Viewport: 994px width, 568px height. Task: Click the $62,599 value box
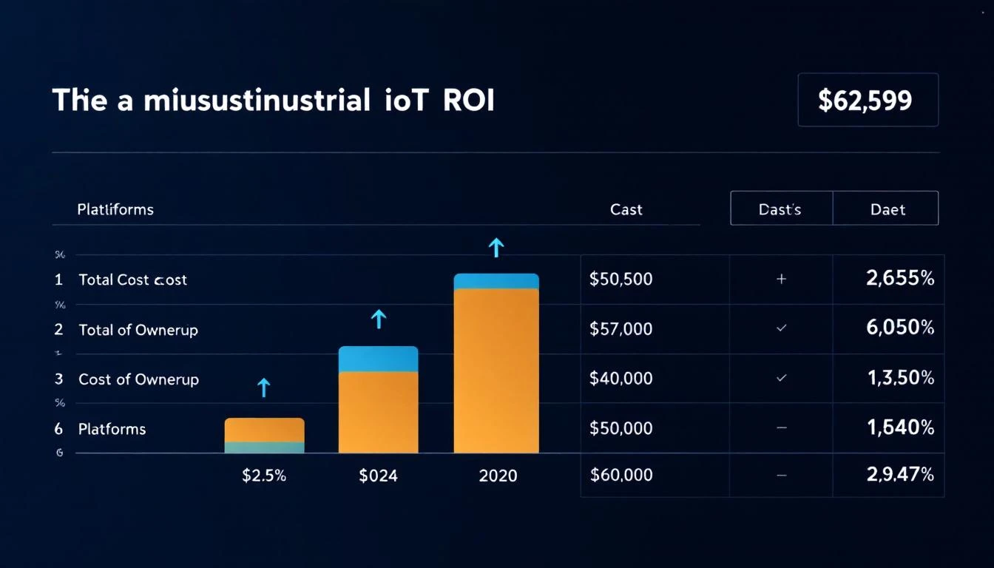[868, 100]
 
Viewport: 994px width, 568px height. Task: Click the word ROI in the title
[468, 100]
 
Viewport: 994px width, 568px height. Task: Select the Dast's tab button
[780, 209]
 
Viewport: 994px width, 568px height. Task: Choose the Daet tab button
[887, 209]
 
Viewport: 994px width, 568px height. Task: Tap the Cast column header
[626, 209]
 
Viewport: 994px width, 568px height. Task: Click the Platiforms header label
[115, 209]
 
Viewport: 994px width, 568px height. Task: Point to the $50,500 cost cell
[621, 280]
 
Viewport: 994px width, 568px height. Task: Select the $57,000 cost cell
[621, 329]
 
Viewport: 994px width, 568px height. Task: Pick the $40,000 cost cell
[621, 379]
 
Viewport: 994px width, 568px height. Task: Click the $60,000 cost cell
[621, 475]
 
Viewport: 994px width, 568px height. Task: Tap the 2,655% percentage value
[899, 279]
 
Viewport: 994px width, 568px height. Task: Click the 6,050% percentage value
[899, 328]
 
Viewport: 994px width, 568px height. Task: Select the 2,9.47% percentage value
[899, 475]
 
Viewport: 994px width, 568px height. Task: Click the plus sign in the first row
[781, 280]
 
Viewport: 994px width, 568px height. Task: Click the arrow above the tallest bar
[496, 248]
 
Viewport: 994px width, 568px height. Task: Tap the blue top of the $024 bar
[378, 359]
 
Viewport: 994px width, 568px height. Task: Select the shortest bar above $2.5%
[264, 435]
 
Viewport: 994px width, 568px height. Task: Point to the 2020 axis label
[498, 476]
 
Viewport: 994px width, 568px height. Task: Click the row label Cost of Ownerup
[138, 379]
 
